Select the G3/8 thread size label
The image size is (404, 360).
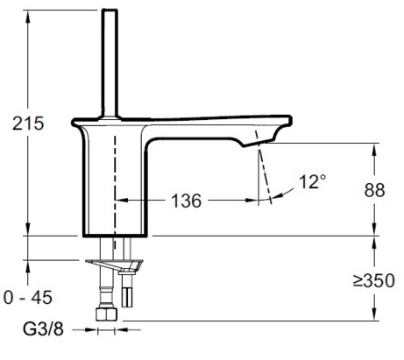40,331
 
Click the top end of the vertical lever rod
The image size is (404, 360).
110,11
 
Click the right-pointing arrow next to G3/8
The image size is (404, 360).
90,331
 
